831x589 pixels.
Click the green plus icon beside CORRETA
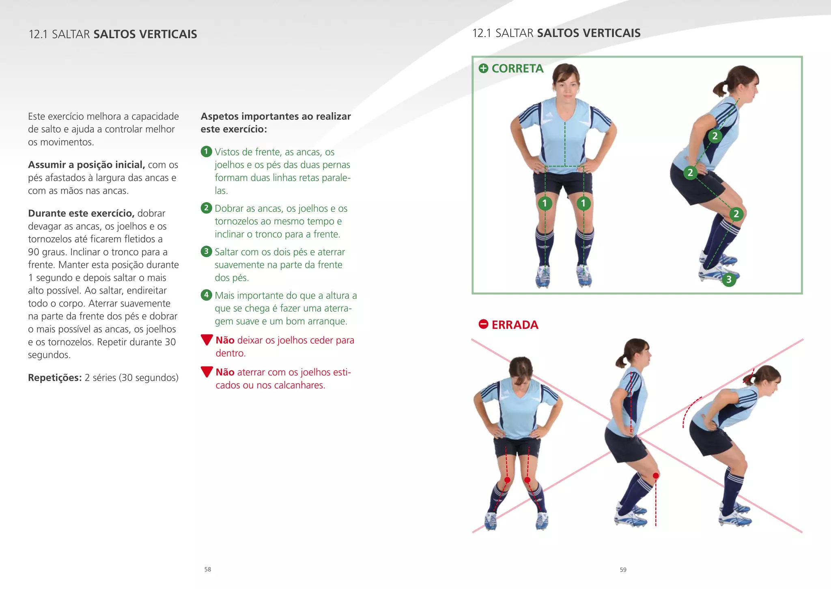483,69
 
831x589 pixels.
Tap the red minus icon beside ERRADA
483,324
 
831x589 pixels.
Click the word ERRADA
515,325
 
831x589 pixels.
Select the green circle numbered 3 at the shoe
729,279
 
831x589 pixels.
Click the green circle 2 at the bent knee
736,214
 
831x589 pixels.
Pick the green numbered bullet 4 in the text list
207,295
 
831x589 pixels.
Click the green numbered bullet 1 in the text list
207,152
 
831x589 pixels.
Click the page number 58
208,569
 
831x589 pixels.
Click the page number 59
623,570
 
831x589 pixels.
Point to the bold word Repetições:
55,378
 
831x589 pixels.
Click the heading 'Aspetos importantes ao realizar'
276,116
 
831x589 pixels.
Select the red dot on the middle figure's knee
656,475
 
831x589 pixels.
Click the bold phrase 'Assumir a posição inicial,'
86,165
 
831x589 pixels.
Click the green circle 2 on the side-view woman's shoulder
715,136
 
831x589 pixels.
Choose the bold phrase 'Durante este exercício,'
81,213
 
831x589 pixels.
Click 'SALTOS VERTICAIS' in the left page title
145,34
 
